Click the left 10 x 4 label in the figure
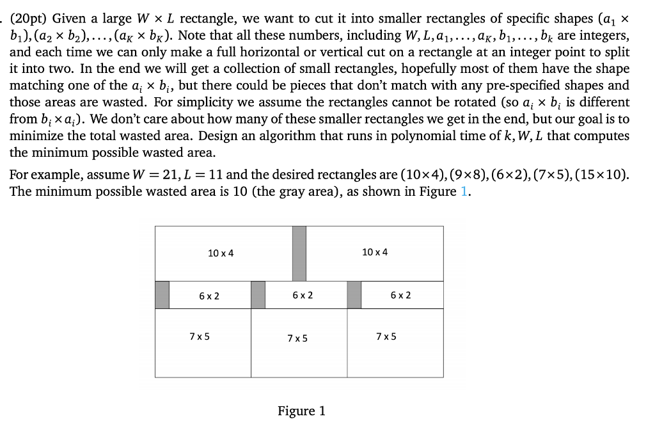221,253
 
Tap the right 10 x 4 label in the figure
374,252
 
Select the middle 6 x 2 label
303,295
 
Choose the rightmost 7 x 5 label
386,337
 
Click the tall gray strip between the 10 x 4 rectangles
299,253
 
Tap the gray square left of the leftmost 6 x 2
162,295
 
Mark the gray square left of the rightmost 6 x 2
354,295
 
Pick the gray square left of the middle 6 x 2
258,295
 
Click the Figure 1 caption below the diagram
301,411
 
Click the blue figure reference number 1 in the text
464,192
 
